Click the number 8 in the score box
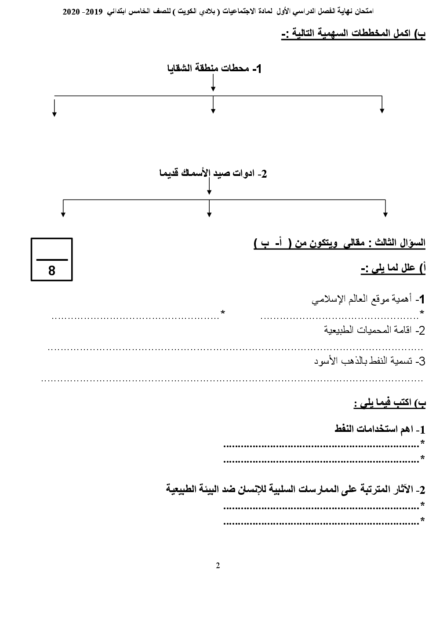pyautogui.click(x=52, y=270)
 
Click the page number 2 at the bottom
pyautogui.click(x=218, y=566)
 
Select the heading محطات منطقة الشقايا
pyautogui.click(x=214, y=69)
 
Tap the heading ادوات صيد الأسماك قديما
pyautogui.click(x=213, y=173)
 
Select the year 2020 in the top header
pyautogui.click(x=70, y=12)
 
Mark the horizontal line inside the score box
pyautogui.click(x=52, y=259)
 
